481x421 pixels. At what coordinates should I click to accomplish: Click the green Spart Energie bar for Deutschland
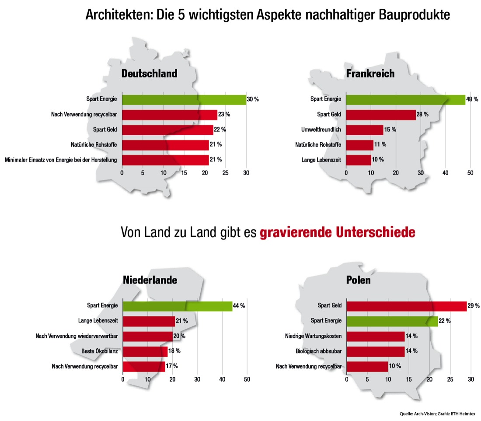(184, 100)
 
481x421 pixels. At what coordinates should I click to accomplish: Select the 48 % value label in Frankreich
(472, 99)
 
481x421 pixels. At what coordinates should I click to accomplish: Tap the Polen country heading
(359, 280)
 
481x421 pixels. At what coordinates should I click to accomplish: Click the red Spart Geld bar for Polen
(407, 306)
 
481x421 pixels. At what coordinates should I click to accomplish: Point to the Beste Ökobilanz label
(100, 351)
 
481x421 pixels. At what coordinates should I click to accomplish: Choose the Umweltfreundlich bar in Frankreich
(365, 130)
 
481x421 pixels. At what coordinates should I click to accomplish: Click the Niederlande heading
(149, 280)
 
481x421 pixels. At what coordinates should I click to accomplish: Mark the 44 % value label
(239, 306)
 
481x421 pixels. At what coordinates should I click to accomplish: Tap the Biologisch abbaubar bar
(375, 351)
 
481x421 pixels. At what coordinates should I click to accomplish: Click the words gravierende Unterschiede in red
(337, 232)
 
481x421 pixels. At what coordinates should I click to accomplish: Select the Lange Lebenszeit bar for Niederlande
(149, 321)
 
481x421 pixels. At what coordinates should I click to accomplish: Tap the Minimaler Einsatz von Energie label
(61, 160)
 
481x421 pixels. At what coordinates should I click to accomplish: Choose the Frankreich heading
(370, 74)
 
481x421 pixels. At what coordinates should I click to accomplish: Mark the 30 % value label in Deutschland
(253, 100)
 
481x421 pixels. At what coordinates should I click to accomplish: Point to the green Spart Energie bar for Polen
(392, 321)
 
